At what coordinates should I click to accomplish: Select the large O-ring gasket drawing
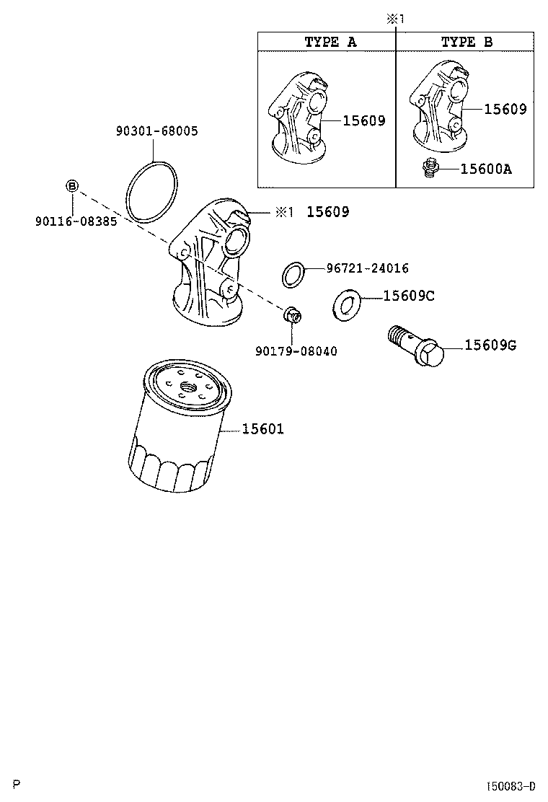click(151, 191)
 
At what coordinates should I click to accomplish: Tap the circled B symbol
click(72, 186)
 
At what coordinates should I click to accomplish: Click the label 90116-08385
click(75, 221)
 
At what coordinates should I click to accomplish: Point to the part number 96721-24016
click(367, 268)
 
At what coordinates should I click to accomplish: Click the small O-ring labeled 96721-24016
click(293, 275)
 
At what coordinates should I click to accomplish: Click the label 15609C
click(408, 296)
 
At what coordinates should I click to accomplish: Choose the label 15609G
click(490, 345)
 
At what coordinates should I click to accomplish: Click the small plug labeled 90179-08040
click(292, 315)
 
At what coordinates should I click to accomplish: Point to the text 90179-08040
click(296, 351)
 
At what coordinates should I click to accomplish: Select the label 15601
click(262, 429)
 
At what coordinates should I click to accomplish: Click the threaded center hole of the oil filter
click(191, 386)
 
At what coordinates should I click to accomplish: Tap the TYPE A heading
click(330, 42)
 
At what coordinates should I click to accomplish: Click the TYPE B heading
click(467, 42)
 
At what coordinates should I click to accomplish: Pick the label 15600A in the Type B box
click(486, 169)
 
